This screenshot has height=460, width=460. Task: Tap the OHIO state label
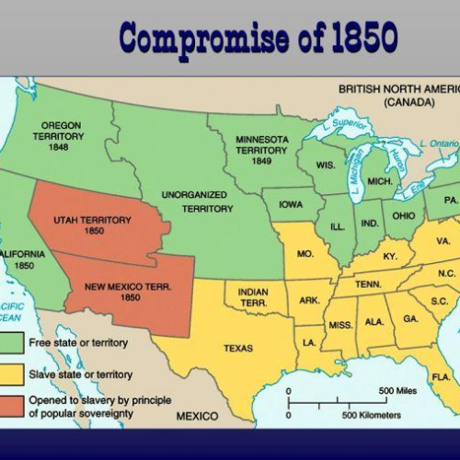click(402, 215)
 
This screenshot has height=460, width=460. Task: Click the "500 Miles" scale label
click(397, 390)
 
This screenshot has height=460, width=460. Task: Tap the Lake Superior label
click(348, 121)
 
